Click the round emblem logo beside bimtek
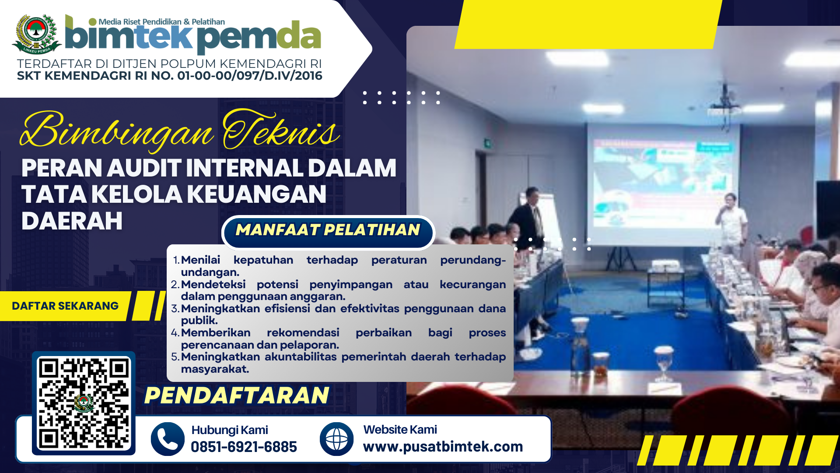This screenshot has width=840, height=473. coord(37,34)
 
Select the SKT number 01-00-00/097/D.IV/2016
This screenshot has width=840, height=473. coord(250,76)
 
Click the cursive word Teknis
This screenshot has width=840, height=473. coord(280,130)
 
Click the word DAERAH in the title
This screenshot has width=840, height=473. coord(72,221)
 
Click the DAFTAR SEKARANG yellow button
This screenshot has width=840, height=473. coord(65,306)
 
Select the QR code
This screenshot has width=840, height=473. coord(84,403)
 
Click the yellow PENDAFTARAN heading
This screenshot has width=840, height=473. coord(237,395)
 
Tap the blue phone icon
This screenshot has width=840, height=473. coord(168,439)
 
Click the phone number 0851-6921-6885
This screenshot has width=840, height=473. coord(244,447)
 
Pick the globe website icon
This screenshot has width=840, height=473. coord(336,439)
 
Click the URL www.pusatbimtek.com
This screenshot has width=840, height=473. coord(443,447)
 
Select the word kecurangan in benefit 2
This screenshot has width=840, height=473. coord(472,284)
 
